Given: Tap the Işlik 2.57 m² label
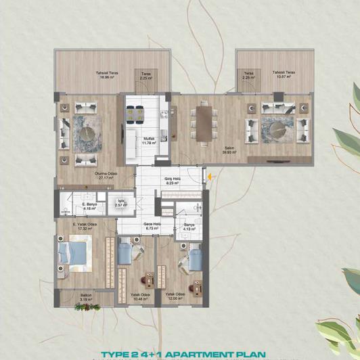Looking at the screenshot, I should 122,202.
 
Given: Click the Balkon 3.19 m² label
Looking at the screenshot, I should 86,298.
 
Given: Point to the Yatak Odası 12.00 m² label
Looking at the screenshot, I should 175,296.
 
